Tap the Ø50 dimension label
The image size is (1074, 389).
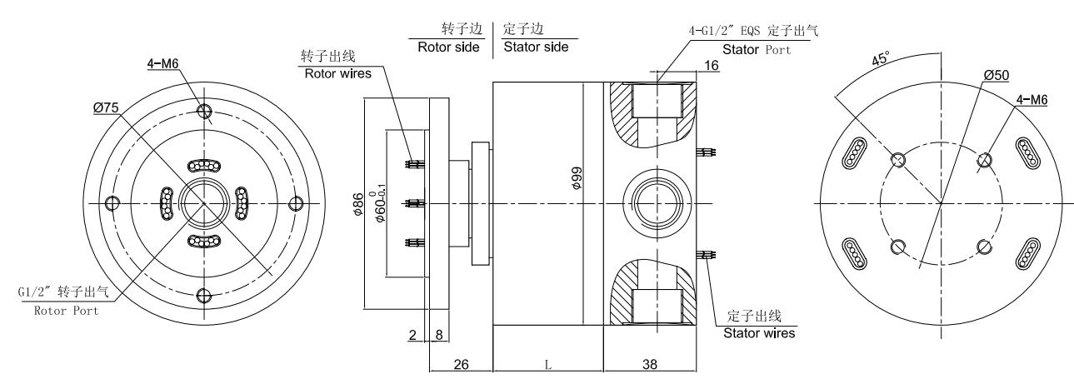pyautogui.click(x=997, y=75)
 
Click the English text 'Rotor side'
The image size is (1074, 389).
pyautogui.click(x=449, y=47)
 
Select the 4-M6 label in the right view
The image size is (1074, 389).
pyautogui.click(x=1031, y=101)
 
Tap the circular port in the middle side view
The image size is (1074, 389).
pyautogui.click(x=659, y=202)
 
